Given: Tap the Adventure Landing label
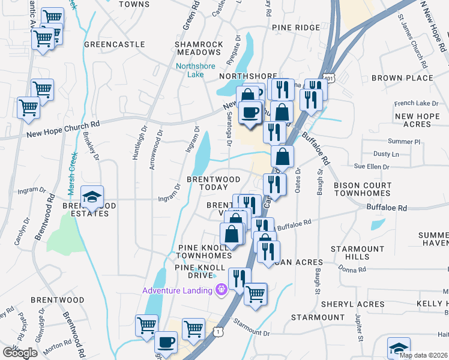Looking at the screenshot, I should click(177, 291).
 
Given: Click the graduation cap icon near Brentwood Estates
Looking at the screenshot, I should click(92, 197).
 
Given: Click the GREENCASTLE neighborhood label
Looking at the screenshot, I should click(115, 44).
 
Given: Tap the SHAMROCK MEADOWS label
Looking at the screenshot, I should click(198, 49).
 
